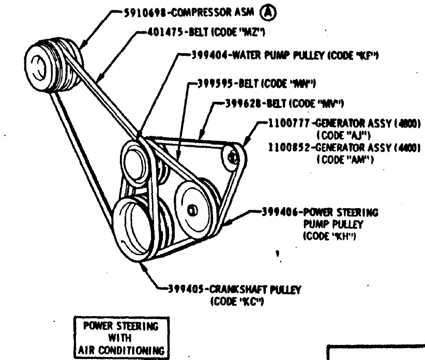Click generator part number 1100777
click(x=289, y=124)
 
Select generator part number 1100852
click(x=289, y=147)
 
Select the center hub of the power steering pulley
click(x=192, y=210)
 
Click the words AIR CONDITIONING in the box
click(x=120, y=350)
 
